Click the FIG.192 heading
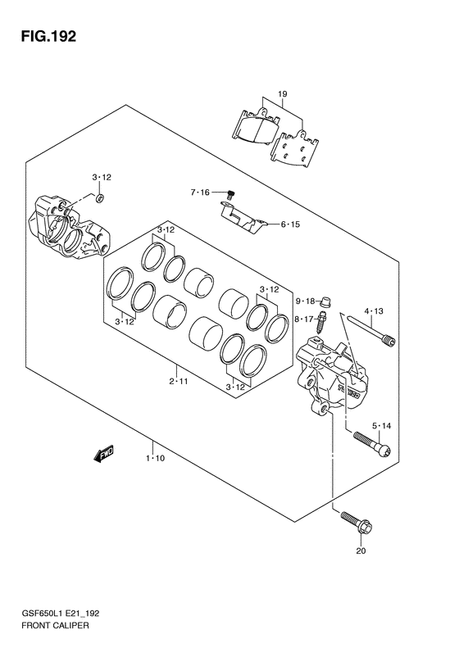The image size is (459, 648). click(49, 37)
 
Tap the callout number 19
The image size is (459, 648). click(283, 94)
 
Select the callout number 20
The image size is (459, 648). click(361, 551)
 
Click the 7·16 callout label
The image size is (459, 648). click(200, 193)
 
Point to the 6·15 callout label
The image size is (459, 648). click(290, 224)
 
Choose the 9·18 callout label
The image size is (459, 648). click(305, 301)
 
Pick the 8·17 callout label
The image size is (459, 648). click(305, 319)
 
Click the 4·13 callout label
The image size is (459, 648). click(374, 311)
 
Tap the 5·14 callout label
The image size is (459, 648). click(381, 426)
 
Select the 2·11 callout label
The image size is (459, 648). click(178, 381)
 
